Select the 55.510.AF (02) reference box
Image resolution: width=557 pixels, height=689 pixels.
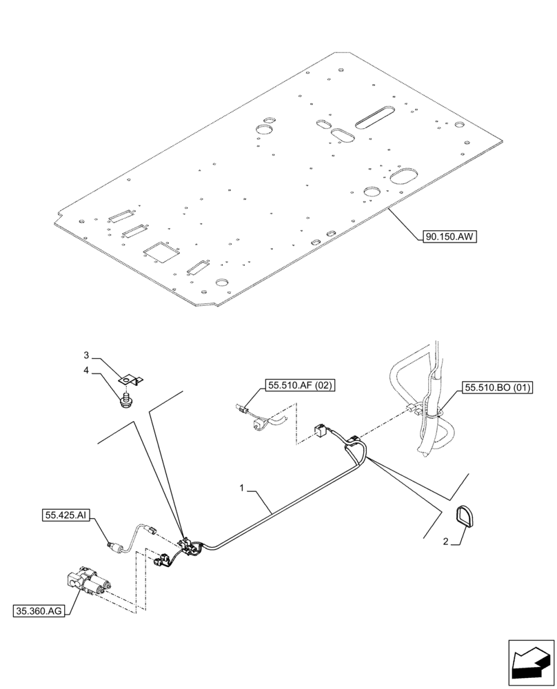(298, 386)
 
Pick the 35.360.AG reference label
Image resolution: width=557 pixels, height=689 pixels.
(39, 610)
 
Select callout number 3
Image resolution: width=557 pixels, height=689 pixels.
(87, 356)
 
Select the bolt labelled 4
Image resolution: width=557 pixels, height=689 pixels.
(125, 399)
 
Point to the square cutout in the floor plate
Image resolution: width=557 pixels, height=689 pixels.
(161, 251)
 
